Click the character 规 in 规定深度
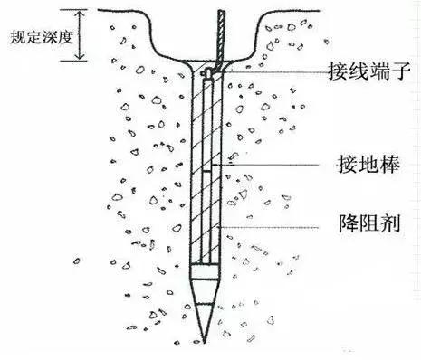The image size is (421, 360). pos(11,39)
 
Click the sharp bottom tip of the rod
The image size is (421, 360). pos(205,341)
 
